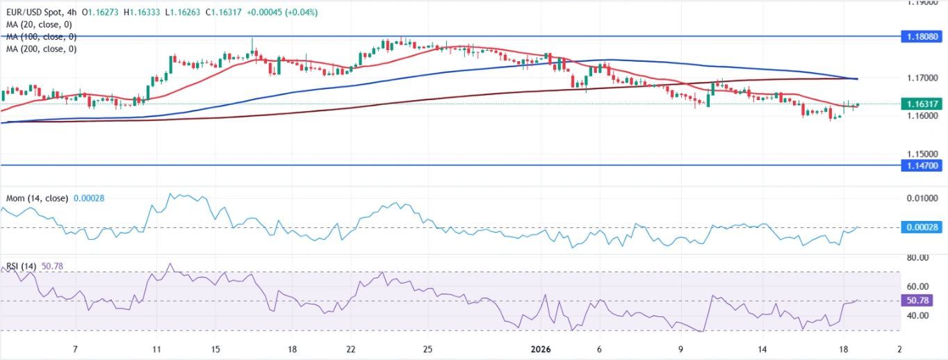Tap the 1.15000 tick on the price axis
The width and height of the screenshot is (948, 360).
click(924, 154)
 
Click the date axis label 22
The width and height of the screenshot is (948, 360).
click(352, 349)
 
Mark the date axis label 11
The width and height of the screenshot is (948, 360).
click(156, 349)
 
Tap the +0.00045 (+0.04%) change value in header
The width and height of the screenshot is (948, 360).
click(276, 13)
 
